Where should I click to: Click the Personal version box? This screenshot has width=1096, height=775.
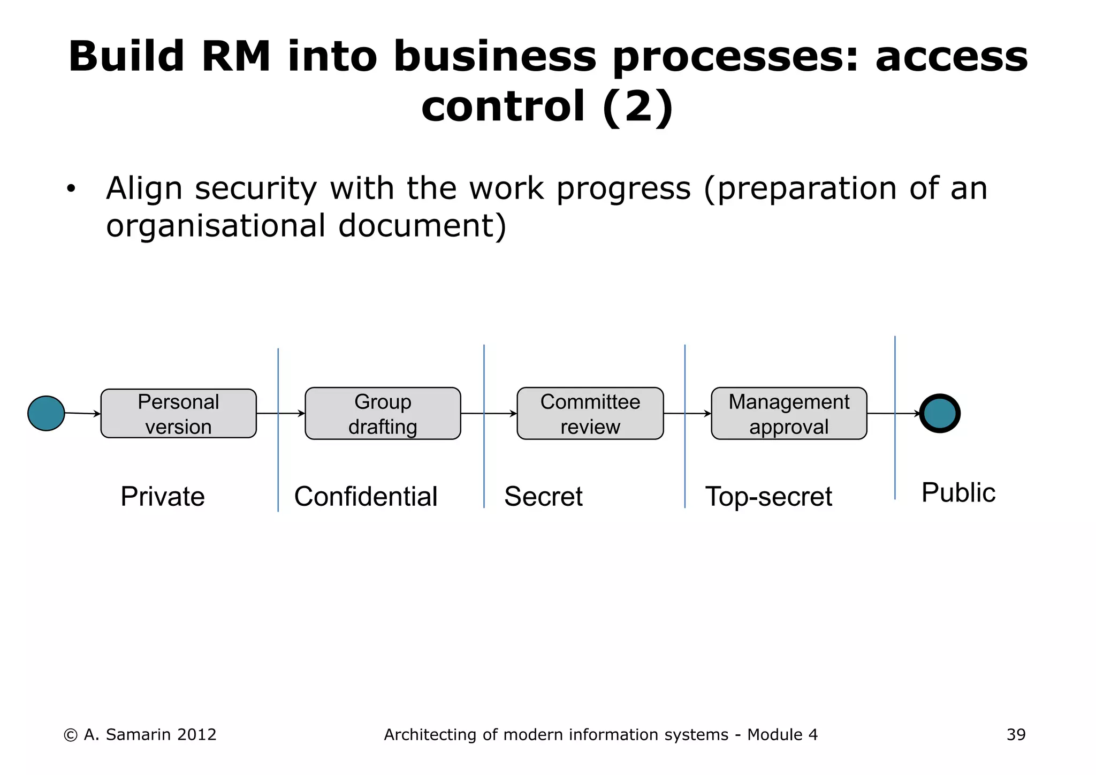click(x=178, y=414)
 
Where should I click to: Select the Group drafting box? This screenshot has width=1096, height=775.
click(x=383, y=414)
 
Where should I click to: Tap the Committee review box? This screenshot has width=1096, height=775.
click(x=590, y=414)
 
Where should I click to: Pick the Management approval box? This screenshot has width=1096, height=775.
click(x=789, y=414)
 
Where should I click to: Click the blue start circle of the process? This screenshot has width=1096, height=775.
click(x=46, y=413)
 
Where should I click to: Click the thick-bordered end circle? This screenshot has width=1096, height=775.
click(x=940, y=413)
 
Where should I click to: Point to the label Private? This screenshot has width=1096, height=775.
click(x=163, y=497)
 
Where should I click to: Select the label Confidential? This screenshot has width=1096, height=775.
click(x=366, y=497)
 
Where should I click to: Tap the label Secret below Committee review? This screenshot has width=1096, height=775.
click(x=543, y=497)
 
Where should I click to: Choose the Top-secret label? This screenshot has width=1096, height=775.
click(x=768, y=497)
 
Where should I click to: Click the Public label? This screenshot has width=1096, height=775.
click(x=958, y=493)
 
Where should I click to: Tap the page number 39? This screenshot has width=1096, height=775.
click(x=1016, y=735)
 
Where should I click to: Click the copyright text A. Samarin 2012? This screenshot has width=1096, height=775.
click(x=140, y=735)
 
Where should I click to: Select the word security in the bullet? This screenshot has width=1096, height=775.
click(x=256, y=189)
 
